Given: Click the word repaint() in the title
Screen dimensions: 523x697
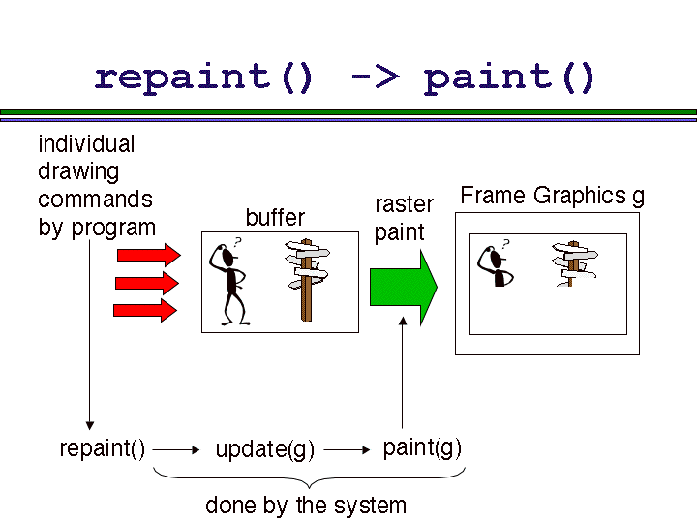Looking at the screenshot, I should (204, 77).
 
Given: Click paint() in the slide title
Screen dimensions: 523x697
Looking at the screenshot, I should (510, 77).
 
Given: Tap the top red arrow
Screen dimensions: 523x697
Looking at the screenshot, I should (147, 255).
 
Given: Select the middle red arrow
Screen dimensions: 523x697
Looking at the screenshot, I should (147, 283).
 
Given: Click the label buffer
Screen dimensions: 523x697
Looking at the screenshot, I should (275, 217).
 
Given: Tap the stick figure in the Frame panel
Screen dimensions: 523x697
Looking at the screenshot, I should (497, 264).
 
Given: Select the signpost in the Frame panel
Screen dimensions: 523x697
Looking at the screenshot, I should (573, 263).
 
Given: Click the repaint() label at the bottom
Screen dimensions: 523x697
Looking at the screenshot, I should (103, 448).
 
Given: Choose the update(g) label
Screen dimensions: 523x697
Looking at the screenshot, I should (265, 449).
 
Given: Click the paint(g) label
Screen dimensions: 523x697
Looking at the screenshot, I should (422, 447).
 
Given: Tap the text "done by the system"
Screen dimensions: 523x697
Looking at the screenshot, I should (306, 505).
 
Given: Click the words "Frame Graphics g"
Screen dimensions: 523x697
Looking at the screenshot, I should (552, 196).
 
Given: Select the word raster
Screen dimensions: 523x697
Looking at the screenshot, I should (404, 204).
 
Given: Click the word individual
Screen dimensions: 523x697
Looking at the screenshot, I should (86, 144).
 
